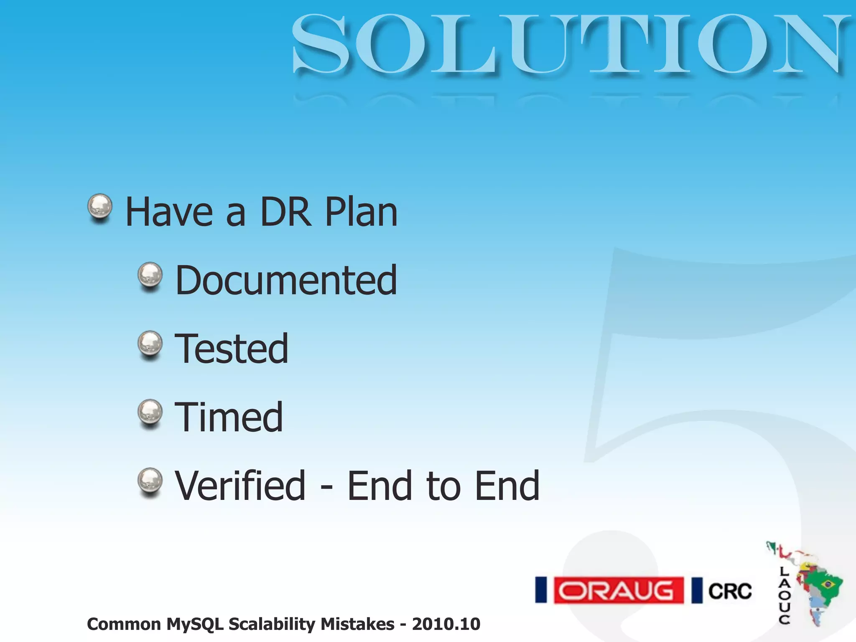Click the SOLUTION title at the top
point(571,44)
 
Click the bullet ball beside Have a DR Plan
point(100,206)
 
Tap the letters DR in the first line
point(286,212)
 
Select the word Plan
point(361,212)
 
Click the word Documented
point(286,280)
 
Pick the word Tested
point(232,349)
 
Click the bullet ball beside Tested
point(150,344)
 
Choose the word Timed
point(229,417)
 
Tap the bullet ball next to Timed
point(150,412)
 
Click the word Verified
point(240,485)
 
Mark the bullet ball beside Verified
point(150,480)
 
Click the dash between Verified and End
point(326,487)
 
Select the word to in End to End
point(443,486)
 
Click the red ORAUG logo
point(618,591)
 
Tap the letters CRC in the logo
point(730,591)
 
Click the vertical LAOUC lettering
point(784,595)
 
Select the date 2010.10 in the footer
point(446,624)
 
